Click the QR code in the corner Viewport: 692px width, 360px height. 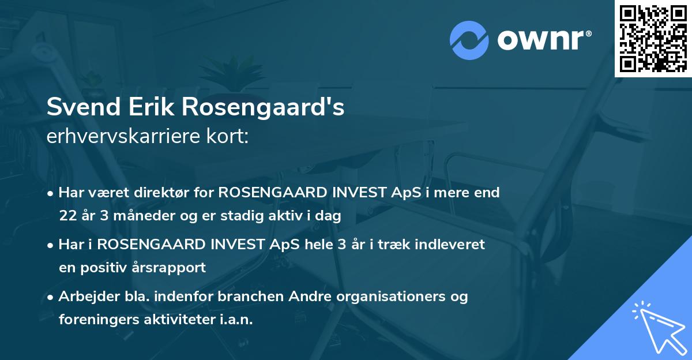coord(653,38)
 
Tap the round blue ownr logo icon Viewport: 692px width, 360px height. coord(469,40)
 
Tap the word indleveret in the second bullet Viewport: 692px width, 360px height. coord(452,244)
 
